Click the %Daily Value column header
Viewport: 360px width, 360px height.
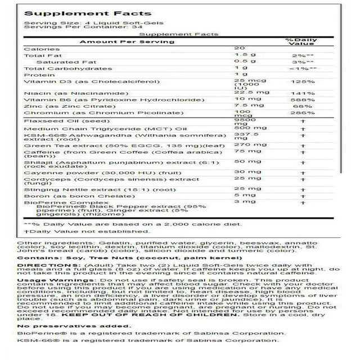click(298, 40)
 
